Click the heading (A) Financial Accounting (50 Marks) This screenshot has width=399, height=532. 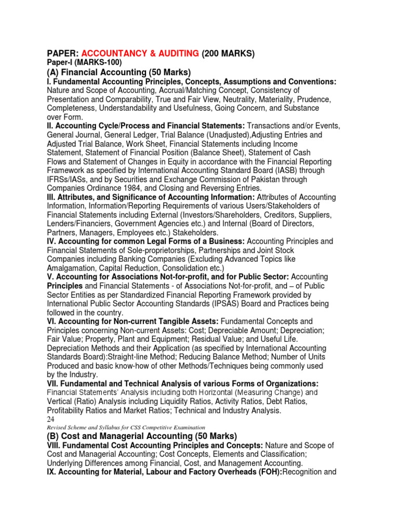(119, 72)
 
